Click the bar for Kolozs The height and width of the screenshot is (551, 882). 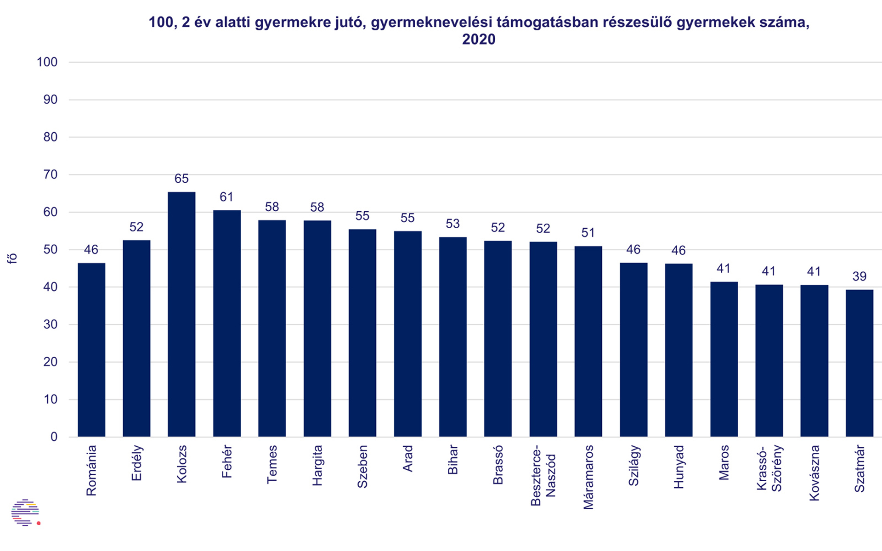pos(181,315)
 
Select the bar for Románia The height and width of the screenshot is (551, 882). pos(91,350)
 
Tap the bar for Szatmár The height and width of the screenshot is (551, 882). pos(859,363)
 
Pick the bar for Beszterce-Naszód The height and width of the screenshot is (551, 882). pos(543,339)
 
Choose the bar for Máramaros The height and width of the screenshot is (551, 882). pos(588,342)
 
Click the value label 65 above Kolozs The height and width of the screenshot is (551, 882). pos(181,179)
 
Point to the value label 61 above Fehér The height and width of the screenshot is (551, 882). pos(226,197)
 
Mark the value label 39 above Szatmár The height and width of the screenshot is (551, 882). pos(859,276)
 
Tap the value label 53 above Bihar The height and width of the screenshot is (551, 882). pos(452,224)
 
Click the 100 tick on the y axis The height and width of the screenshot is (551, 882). pos(47,62)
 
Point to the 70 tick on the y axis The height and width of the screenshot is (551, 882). pos(50,174)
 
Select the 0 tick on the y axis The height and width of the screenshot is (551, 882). pos(54,437)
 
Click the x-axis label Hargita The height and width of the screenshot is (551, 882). pos(317,465)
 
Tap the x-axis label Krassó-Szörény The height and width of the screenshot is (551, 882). pos(769,468)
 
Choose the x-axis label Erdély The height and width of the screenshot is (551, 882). pos(136,463)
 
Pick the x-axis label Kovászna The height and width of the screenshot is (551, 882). pos(814,472)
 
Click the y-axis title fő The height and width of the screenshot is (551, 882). pos(12,258)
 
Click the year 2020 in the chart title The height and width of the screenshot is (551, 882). pos(479,39)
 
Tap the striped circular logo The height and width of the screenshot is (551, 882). pos(25,512)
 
